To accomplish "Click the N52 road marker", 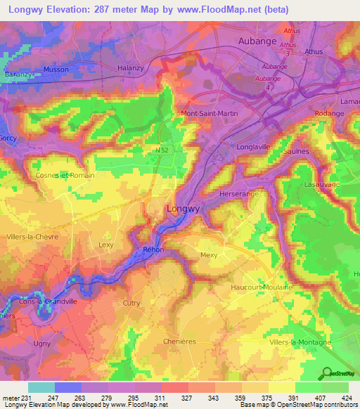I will (161, 150).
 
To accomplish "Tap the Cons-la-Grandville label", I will (49, 302).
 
